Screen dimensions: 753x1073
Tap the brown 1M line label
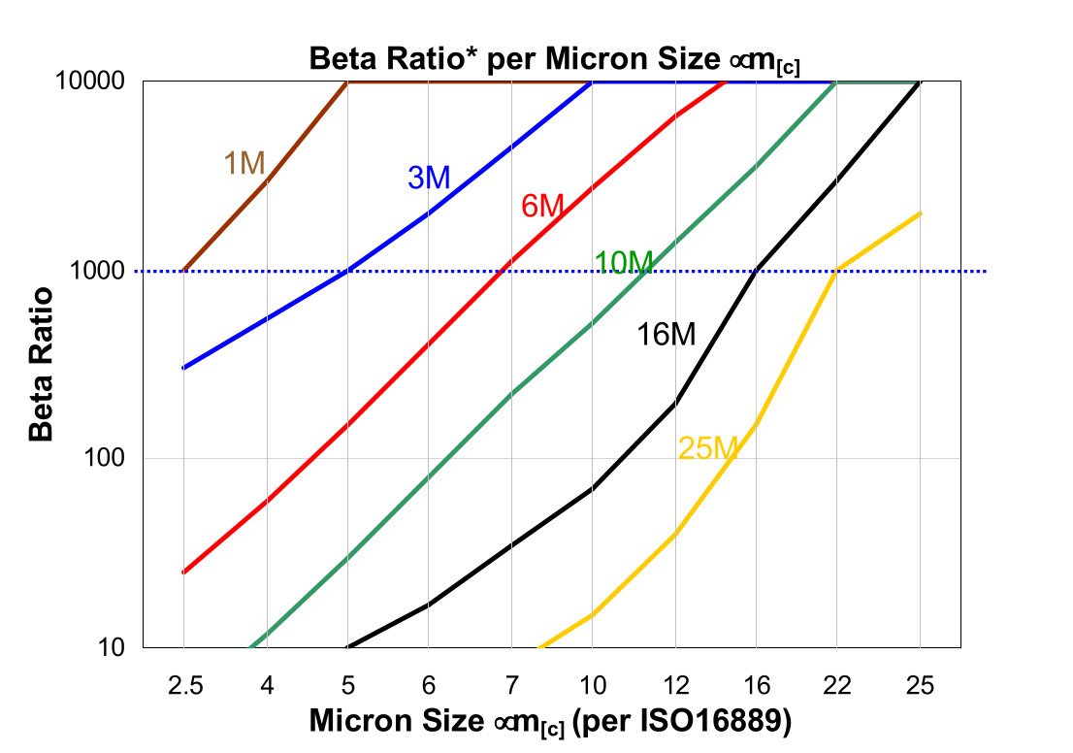coord(244,164)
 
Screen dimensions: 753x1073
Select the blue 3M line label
coord(428,178)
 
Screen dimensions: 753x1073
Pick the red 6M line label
coord(542,207)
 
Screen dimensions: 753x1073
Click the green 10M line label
coord(624,262)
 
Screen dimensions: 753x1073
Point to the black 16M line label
coord(667,335)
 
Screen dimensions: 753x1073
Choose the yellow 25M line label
coord(708,447)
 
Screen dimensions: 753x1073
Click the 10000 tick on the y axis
coord(98,82)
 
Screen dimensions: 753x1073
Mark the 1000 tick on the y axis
coord(104,271)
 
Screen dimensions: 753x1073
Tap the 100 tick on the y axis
coord(110,459)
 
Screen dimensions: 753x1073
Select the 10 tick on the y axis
coord(115,647)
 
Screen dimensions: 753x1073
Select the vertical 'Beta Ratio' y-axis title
coord(42,364)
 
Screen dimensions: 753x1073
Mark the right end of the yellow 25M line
coord(920,213)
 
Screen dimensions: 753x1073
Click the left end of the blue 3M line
coord(183,368)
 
